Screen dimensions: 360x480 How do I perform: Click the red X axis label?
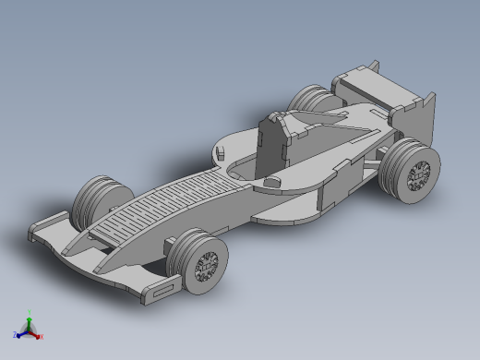click(x=42, y=336)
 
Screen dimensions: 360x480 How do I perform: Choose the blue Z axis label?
click(x=16, y=334)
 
